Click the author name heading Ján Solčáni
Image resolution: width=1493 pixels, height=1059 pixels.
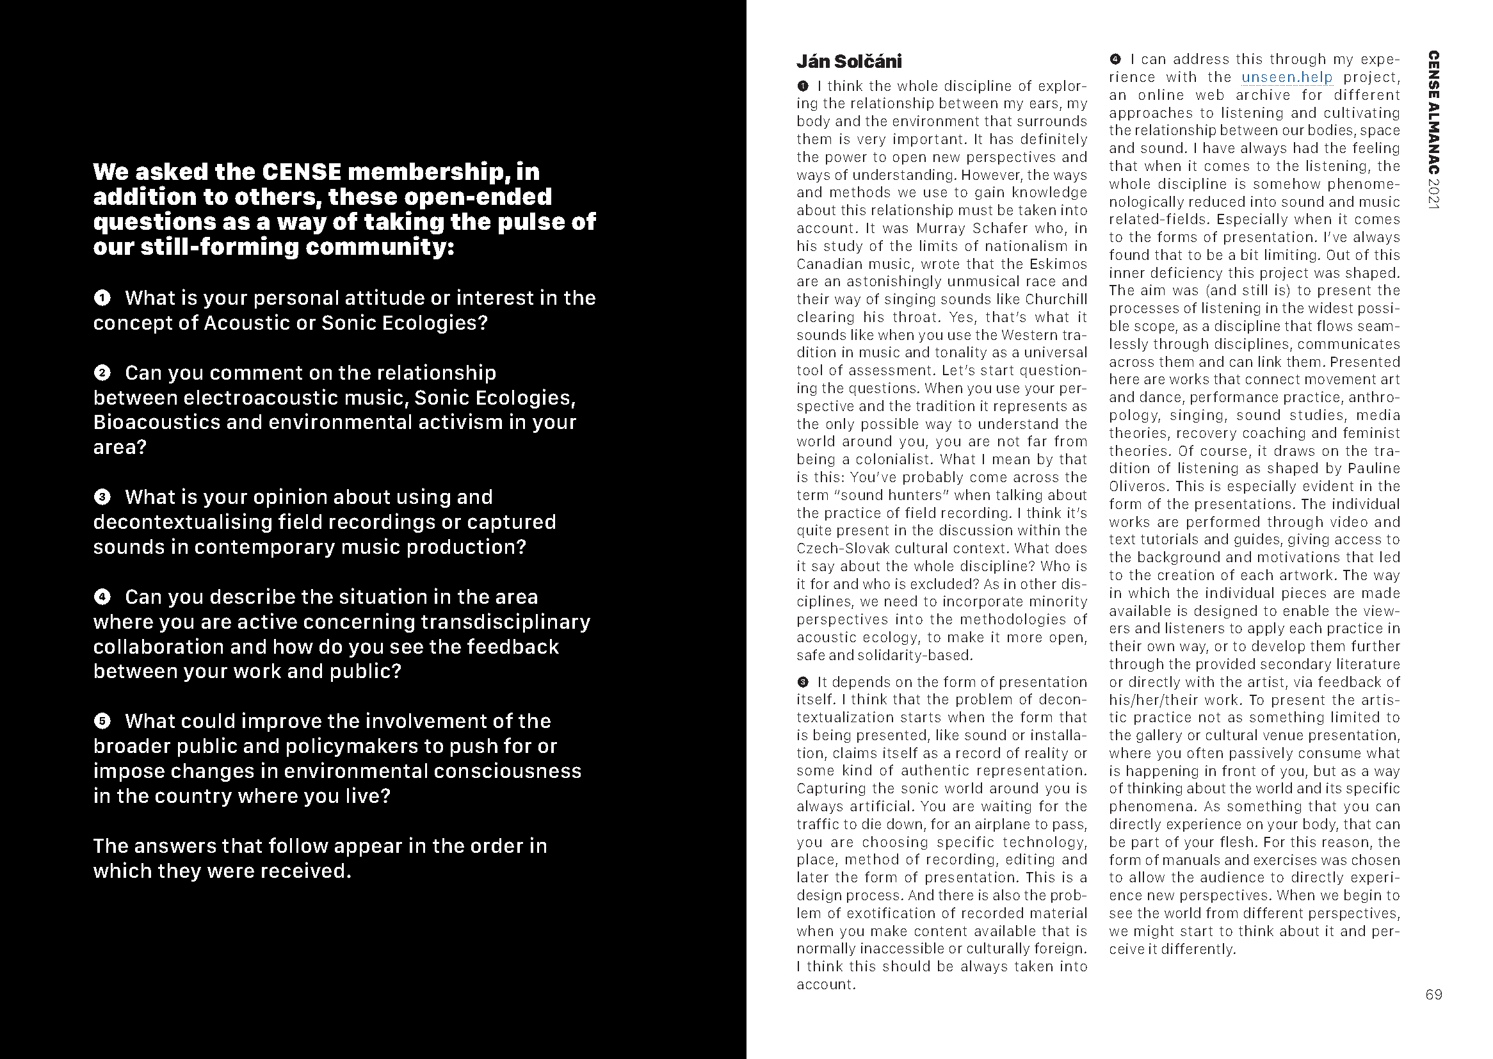click(x=849, y=61)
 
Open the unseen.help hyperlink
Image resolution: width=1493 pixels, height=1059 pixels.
click(x=1286, y=77)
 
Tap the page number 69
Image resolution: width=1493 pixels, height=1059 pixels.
click(x=1433, y=994)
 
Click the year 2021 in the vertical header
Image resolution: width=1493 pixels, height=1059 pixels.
click(x=1433, y=193)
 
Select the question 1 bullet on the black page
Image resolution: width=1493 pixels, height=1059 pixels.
click(x=102, y=298)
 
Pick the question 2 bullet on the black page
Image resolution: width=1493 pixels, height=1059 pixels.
click(x=102, y=373)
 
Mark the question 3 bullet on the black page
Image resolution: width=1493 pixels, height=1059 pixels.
click(x=102, y=497)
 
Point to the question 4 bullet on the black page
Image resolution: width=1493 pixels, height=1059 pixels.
click(x=102, y=597)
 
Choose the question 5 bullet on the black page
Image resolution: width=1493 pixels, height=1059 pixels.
click(x=102, y=721)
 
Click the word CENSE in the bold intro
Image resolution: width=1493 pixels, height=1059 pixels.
click(x=301, y=172)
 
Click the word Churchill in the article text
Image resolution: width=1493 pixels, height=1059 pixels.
click(x=1056, y=299)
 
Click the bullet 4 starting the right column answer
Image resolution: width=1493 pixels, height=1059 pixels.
click(x=1115, y=60)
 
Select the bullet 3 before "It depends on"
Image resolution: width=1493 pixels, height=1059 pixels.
click(x=803, y=682)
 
